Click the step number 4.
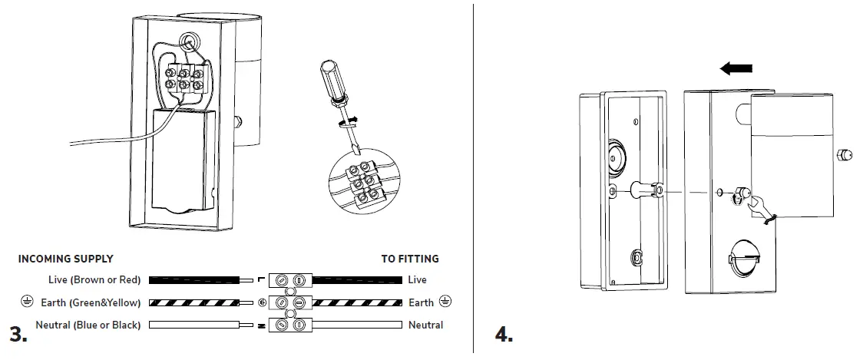click(504, 335)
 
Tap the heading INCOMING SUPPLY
click(65, 259)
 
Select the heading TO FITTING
click(410, 259)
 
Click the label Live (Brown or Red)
click(94, 280)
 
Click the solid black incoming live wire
click(196, 280)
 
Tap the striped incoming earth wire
click(196, 302)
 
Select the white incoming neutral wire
click(196, 325)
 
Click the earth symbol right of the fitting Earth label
click(446, 302)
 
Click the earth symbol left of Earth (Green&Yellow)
click(28, 302)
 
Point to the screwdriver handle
click(326, 81)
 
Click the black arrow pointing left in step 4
click(736, 70)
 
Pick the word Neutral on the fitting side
click(425, 325)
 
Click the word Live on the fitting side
click(417, 280)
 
